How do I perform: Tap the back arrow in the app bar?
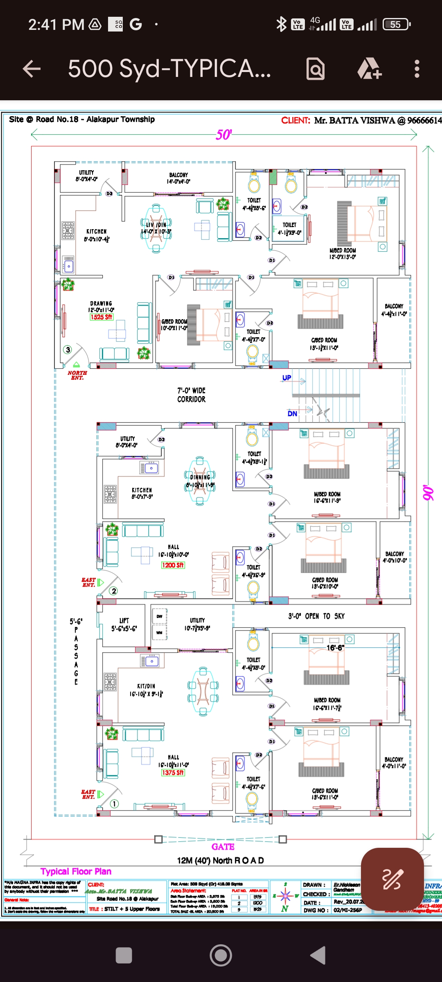pyautogui.click(x=32, y=69)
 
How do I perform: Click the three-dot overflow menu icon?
pyautogui.click(x=417, y=69)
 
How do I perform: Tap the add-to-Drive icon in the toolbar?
pyautogui.click(x=370, y=69)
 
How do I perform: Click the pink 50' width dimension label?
pyautogui.click(x=223, y=135)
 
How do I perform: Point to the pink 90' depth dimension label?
pyautogui.click(x=428, y=493)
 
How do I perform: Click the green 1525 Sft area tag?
pyautogui.click(x=101, y=317)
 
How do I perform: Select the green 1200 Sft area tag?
pyautogui.click(x=173, y=565)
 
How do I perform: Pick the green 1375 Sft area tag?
pyautogui.click(x=173, y=773)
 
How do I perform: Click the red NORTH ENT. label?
pyautogui.click(x=77, y=375)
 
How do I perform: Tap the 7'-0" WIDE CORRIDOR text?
pyautogui.click(x=191, y=395)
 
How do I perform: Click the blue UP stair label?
pyautogui.click(x=286, y=378)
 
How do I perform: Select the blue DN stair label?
pyautogui.click(x=292, y=414)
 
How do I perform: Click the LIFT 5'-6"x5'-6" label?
pyautogui.click(x=124, y=624)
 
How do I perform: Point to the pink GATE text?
pyautogui.click(x=223, y=847)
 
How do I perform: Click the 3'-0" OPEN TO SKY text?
pyautogui.click(x=316, y=616)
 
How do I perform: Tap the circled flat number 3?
pyautogui.click(x=68, y=349)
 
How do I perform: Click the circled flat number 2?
pyautogui.click(x=114, y=591)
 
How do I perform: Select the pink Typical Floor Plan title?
pyautogui.click(x=76, y=872)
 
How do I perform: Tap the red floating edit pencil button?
pyautogui.click(x=392, y=878)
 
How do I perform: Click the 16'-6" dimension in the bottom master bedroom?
pyautogui.click(x=335, y=648)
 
